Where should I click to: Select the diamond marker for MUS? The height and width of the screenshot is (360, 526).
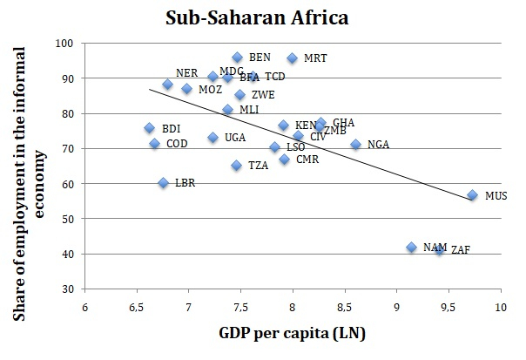click(472, 195)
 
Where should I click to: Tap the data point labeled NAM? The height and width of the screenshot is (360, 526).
click(412, 248)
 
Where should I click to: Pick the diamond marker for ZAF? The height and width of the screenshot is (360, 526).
click(439, 249)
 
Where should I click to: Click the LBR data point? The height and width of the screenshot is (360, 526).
click(163, 183)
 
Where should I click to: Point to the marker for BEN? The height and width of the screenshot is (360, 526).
click(237, 58)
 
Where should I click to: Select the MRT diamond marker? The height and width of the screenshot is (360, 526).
click(292, 58)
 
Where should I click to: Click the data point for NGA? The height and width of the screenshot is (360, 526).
click(355, 145)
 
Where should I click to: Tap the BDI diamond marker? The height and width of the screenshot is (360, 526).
click(149, 128)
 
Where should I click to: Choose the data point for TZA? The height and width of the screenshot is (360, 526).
click(236, 165)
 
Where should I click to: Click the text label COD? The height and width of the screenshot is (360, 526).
click(177, 144)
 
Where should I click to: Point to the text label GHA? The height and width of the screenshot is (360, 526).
click(343, 123)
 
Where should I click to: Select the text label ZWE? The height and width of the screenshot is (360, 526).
click(263, 95)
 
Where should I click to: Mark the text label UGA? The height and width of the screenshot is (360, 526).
click(234, 138)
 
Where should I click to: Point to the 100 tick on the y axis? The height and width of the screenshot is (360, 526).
click(64, 43)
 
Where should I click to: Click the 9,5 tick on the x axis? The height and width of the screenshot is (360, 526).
click(449, 307)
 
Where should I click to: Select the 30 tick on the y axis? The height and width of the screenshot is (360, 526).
click(67, 289)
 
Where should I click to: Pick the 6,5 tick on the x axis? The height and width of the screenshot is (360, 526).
click(137, 307)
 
